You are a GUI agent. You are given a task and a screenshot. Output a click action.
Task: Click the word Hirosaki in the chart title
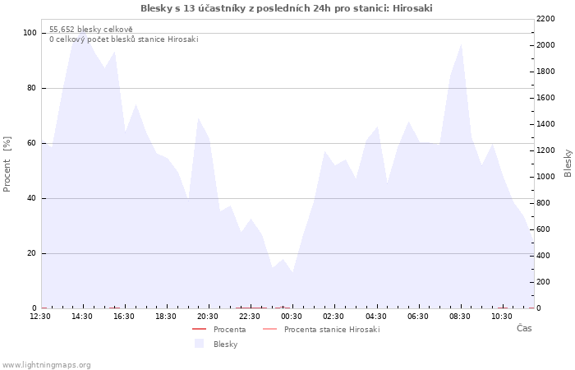412,8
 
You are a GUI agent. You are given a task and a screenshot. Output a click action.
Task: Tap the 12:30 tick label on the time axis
40,317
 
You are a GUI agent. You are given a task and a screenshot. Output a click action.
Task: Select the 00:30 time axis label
292,317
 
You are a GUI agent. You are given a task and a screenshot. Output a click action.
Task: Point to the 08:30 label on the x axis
460,317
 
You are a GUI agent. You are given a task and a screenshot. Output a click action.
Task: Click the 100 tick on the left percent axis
30,33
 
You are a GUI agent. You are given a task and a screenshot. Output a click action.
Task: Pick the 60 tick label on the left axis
31,143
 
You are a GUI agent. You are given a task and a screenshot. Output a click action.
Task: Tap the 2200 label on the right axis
545,19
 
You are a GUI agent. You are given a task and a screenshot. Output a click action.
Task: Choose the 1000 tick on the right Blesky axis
545,177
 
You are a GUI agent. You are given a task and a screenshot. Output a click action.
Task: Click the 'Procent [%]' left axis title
7,164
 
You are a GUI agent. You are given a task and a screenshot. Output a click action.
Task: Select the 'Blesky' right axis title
568,163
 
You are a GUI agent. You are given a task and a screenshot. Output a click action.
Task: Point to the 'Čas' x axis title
524,328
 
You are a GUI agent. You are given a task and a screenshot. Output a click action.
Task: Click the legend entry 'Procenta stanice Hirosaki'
332,330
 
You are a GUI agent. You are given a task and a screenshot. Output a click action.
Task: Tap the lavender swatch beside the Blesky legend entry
199,344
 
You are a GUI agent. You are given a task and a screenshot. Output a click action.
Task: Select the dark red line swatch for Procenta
199,329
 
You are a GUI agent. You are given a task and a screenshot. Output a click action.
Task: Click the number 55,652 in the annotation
62,30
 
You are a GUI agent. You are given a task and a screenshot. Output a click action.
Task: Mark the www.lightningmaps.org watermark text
46,365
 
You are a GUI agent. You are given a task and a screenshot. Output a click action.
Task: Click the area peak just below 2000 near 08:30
461,44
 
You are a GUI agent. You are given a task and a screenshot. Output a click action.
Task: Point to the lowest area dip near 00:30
292,272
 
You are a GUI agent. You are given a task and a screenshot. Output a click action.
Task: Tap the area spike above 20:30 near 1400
199,118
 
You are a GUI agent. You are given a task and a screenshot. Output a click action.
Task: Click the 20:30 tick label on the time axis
208,317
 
